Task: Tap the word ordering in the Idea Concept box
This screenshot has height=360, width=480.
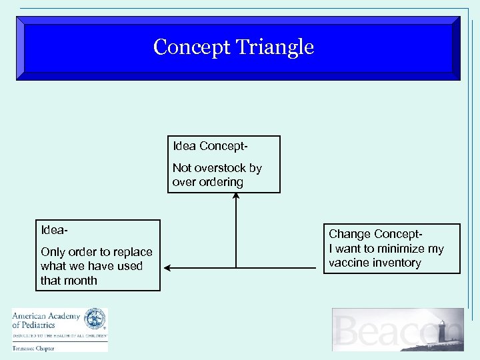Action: click(x=221, y=182)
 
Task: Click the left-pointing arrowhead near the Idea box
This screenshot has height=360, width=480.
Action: click(x=168, y=268)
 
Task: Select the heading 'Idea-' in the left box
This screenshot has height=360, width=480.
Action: click(x=53, y=231)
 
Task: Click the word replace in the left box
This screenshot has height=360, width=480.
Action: click(x=132, y=252)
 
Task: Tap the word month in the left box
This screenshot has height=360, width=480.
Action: click(x=79, y=281)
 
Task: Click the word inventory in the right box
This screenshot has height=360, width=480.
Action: click(x=397, y=263)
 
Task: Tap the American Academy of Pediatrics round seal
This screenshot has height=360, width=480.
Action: click(x=95, y=319)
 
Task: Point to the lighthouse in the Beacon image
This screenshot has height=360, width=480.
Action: click(x=441, y=331)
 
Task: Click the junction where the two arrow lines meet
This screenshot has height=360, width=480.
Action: click(x=235, y=268)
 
